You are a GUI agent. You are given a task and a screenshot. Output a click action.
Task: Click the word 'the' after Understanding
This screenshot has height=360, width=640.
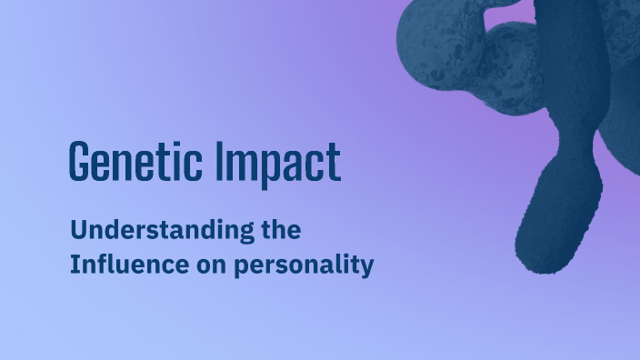tap(280, 231)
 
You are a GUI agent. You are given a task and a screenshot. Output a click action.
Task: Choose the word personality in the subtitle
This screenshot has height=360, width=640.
tap(304, 268)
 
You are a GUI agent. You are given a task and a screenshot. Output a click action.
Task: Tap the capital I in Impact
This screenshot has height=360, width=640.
tap(221, 163)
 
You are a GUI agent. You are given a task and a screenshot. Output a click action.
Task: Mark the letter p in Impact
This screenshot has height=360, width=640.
tap(262, 167)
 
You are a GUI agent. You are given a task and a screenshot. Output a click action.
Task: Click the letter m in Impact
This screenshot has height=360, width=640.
tap(239, 165)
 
